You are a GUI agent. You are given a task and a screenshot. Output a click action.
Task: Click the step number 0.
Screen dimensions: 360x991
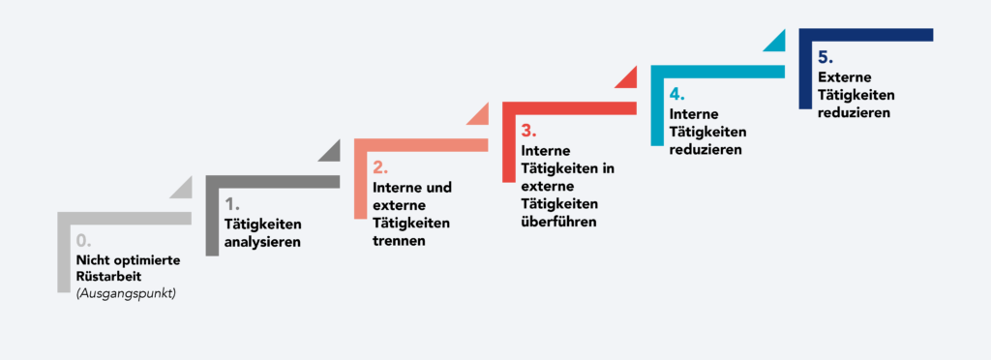(83, 240)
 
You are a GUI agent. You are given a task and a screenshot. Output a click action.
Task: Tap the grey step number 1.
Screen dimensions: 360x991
(231, 204)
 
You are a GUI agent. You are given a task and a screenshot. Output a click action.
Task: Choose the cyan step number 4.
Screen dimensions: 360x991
(676, 94)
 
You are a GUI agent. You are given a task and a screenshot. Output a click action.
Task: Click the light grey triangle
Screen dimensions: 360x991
(181, 189)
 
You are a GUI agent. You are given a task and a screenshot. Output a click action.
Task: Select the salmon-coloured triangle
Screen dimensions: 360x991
(478, 115)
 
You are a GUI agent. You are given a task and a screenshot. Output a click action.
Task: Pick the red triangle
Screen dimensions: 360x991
(626, 78)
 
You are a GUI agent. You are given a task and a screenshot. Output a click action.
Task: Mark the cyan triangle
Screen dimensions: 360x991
(774, 42)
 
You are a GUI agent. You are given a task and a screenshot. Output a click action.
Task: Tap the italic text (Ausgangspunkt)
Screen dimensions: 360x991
(126, 294)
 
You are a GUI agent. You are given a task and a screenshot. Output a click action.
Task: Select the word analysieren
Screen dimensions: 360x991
(262, 242)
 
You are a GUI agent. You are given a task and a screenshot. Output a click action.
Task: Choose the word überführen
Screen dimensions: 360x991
(559, 222)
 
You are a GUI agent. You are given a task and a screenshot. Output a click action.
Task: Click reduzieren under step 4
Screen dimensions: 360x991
(706, 150)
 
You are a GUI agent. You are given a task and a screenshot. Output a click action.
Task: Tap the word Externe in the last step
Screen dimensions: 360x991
(844, 76)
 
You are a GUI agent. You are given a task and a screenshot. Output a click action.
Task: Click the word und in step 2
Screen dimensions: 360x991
(438, 187)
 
